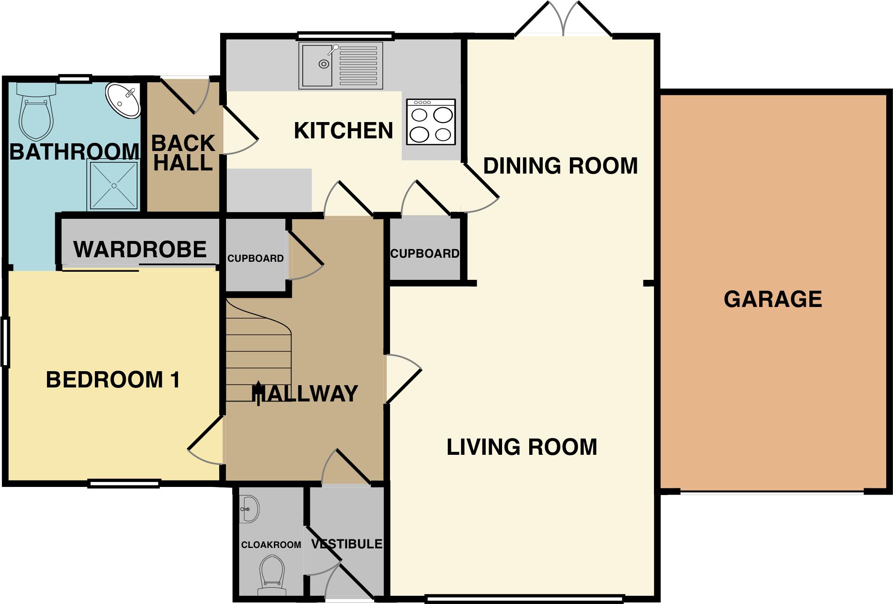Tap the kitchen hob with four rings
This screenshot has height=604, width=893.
tap(431, 122)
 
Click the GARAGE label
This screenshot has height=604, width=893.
tap(773, 299)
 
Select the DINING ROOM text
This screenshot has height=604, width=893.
tap(560, 166)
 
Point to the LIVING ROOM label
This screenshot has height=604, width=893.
tap(522, 447)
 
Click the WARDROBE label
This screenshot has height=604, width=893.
tap(140, 250)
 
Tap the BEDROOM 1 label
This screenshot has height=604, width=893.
tap(113, 380)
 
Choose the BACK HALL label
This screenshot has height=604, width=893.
tap(183, 153)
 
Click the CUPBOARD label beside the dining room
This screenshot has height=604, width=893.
tap(424, 254)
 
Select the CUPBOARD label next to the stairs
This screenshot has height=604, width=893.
tap(255, 259)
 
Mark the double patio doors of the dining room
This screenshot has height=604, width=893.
tap(563, 20)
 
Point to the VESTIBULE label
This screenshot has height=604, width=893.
tap(347, 544)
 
